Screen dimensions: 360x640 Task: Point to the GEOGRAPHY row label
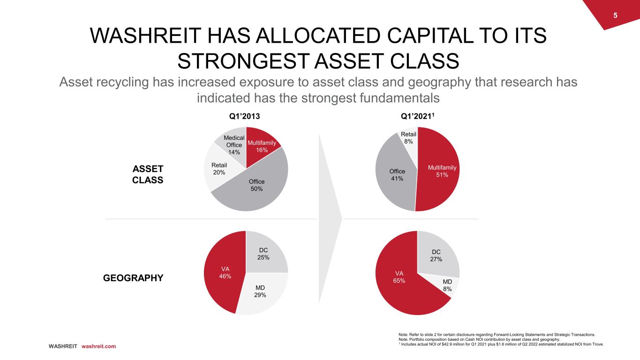click(x=133, y=278)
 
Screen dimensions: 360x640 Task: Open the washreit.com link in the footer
click(x=98, y=346)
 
